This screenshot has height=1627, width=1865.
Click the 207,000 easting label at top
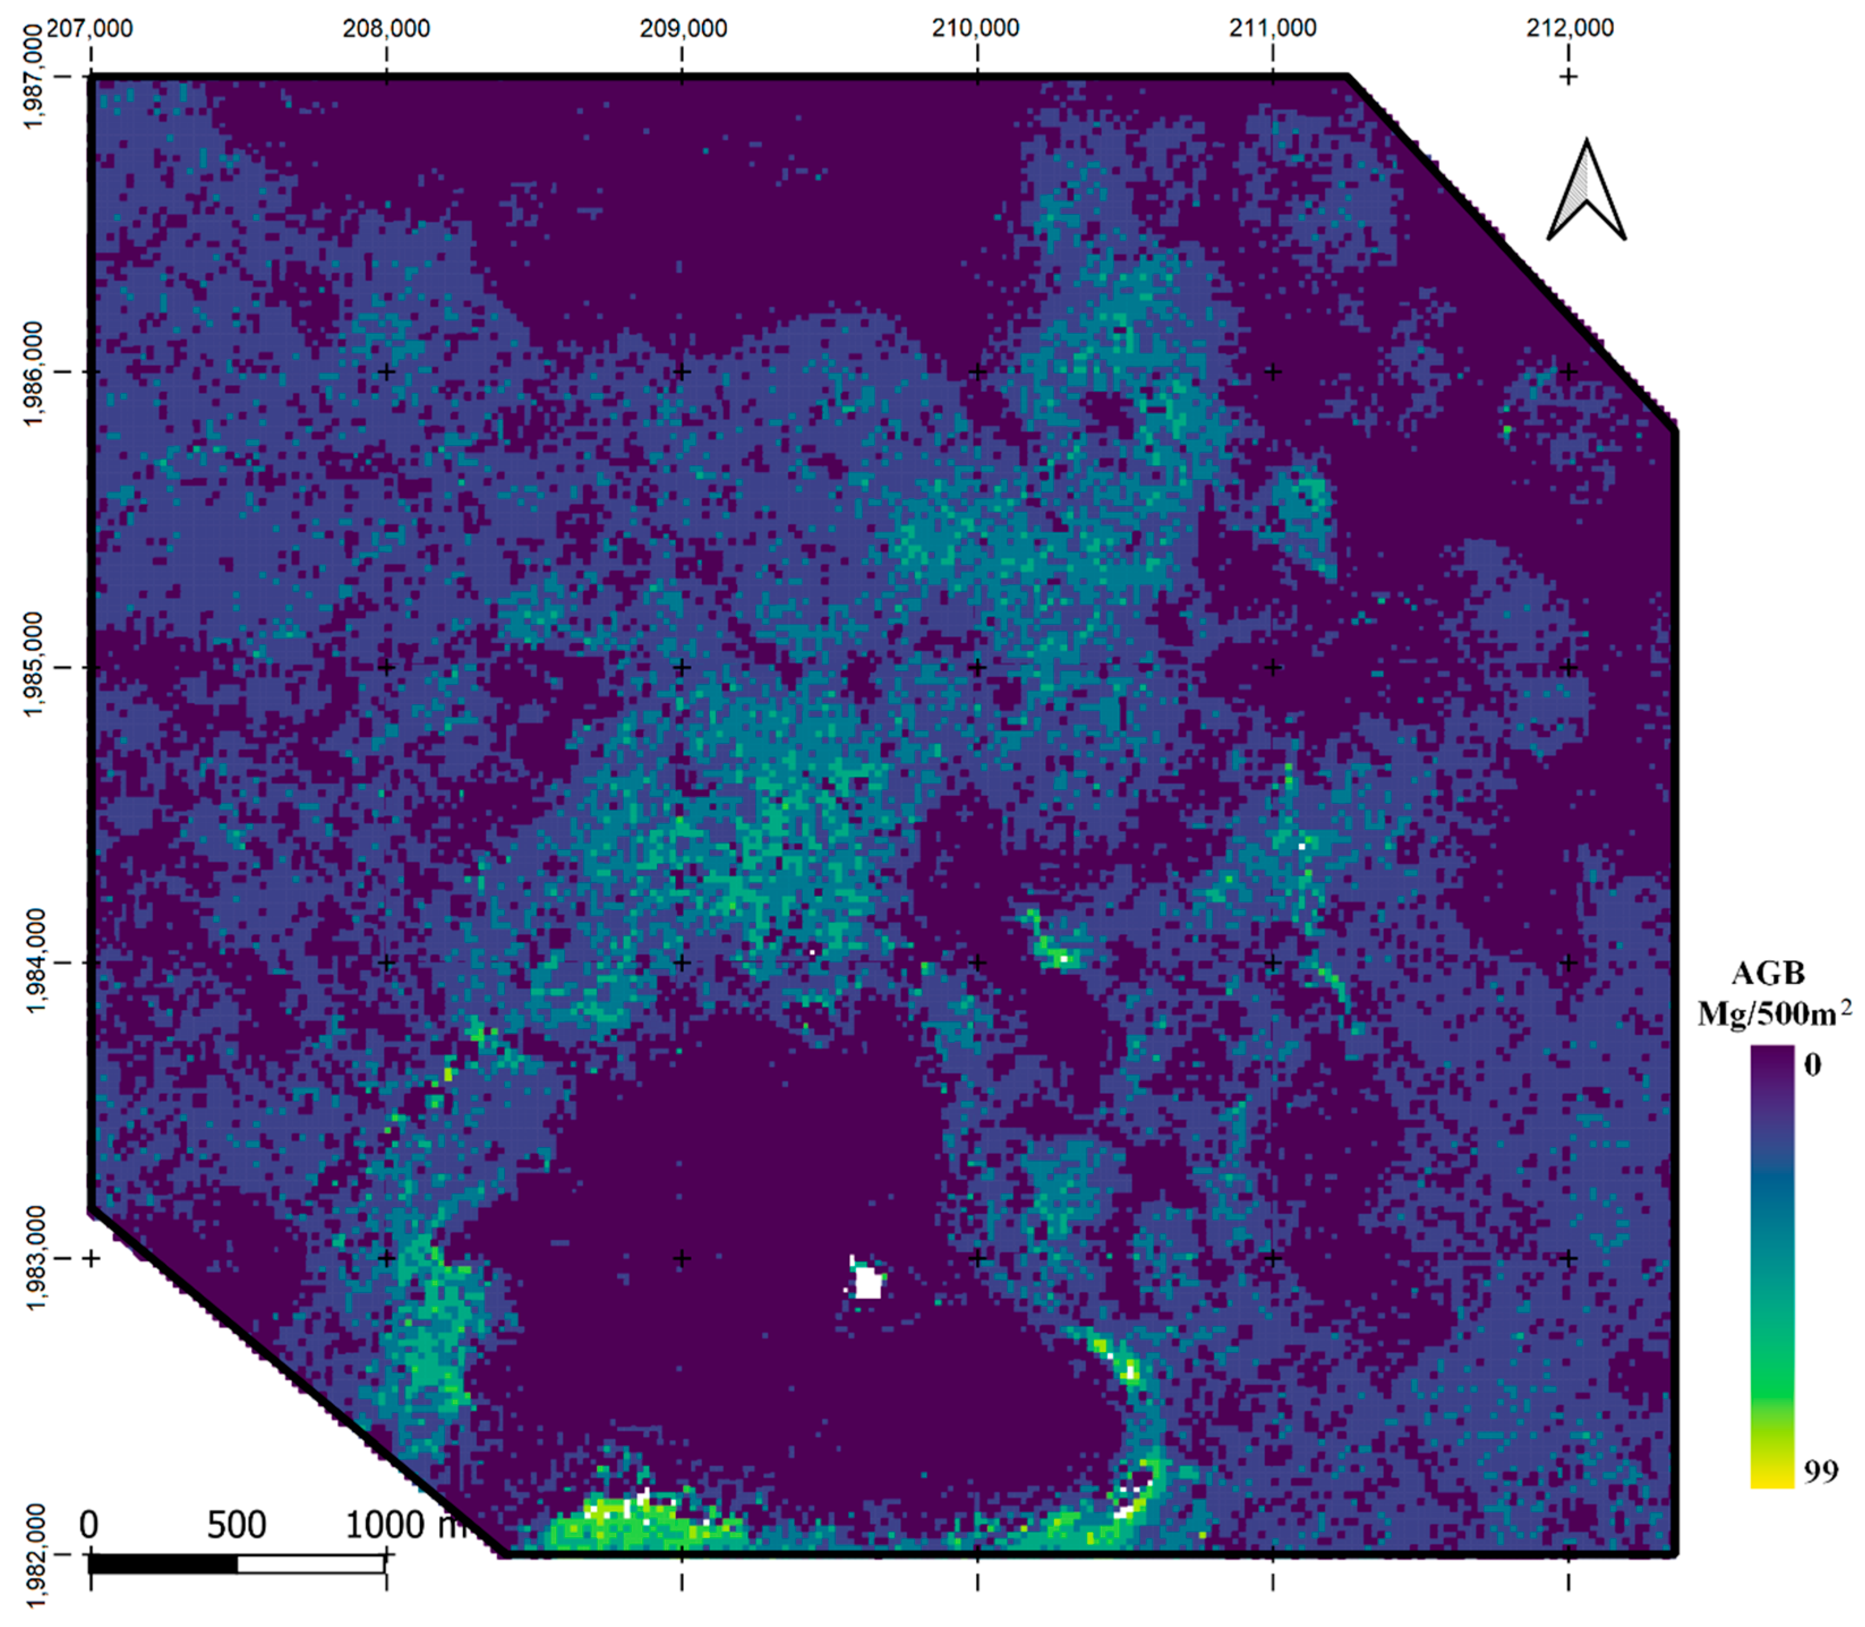point(89,28)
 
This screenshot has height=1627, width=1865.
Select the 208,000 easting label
point(386,28)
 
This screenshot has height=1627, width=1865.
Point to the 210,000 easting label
point(977,28)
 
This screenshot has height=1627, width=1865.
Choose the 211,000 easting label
point(1272,28)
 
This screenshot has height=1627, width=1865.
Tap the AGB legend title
point(1767,974)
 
